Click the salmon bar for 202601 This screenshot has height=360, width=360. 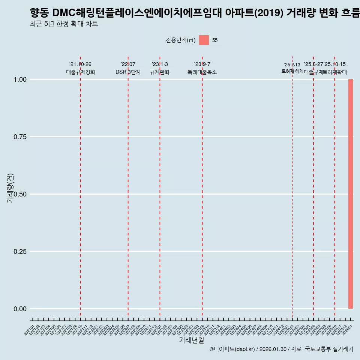coord(351,194)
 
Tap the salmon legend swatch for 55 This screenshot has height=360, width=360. coord(204,40)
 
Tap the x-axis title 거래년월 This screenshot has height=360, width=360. coord(191,340)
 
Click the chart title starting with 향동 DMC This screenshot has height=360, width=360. coord(194,13)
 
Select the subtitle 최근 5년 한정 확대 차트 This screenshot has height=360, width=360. coord(64,24)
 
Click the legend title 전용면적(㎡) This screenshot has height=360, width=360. coord(180,40)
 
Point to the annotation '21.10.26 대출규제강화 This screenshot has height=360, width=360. coord(80,69)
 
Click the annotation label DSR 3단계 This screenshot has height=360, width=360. coord(128,72)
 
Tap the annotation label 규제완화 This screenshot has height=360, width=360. coord(160,72)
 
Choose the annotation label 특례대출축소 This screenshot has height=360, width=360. coord(202,72)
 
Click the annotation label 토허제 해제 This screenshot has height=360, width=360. coord(292,71)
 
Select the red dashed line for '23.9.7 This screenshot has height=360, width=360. coord(202,187)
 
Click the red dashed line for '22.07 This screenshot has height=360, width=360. coord(128,187)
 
